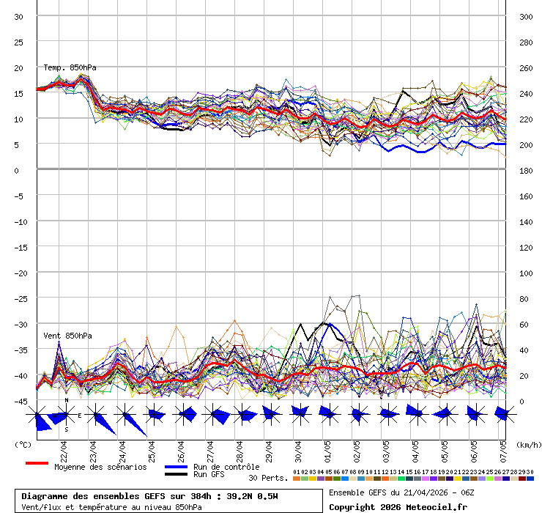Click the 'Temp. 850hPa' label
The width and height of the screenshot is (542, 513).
(x=70, y=68)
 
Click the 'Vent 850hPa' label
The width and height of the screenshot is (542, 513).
(x=67, y=336)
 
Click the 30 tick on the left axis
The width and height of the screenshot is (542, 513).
(x=19, y=16)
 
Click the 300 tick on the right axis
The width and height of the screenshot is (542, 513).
(x=525, y=16)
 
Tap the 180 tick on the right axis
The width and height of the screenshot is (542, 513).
(x=525, y=170)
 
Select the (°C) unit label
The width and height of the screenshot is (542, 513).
(x=23, y=445)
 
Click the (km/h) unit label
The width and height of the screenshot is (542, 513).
(x=527, y=445)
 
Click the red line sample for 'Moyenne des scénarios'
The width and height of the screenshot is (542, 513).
(x=37, y=463)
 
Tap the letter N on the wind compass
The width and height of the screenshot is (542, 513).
(x=66, y=400)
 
